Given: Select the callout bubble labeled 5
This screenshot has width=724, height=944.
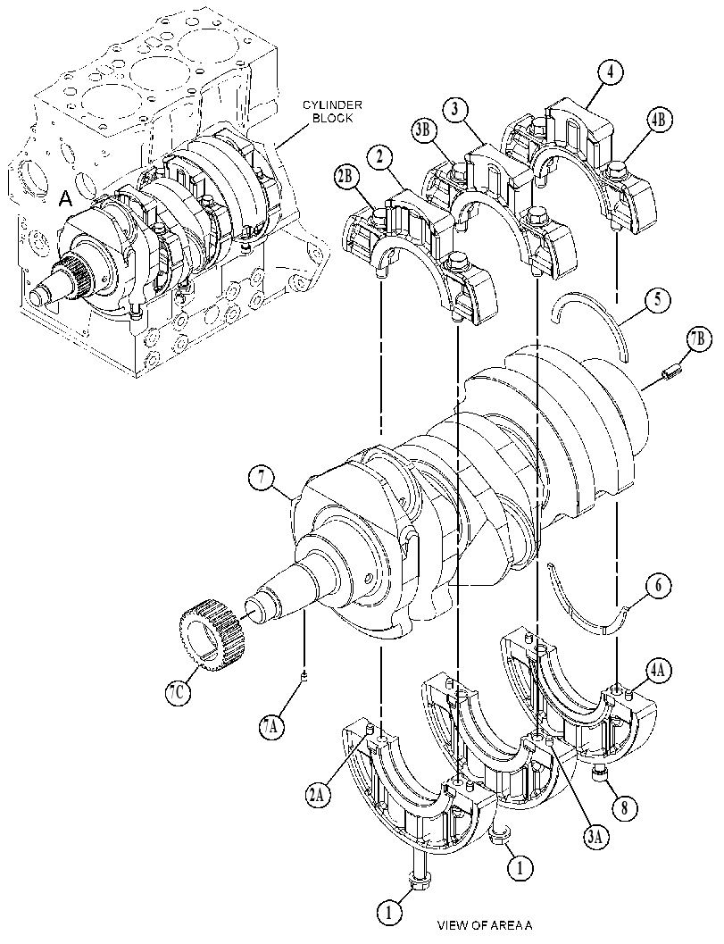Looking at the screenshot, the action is click(x=656, y=300).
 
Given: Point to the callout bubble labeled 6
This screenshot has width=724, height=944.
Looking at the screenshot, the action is click(x=657, y=585).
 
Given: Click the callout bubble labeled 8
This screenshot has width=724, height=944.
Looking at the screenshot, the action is click(x=623, y=807).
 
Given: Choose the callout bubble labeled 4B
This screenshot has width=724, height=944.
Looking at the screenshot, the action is click(x=657, y=120).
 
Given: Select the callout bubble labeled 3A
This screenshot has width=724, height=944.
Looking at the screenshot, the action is click(x=595, y=836).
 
